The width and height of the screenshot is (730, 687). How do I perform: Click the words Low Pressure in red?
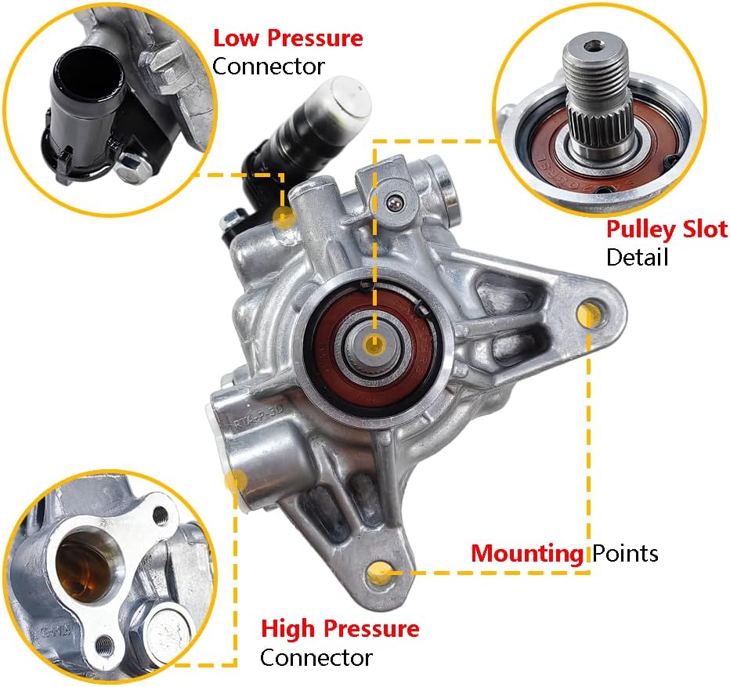[x=288, y=38]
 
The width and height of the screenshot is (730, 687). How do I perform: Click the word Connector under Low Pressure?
[x=268, y=66]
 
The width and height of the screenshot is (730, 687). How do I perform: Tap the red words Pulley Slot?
[x=667, y=230]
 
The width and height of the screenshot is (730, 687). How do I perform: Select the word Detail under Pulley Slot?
[x=637, y=256]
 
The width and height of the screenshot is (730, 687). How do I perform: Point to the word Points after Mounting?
[x=624, y=554]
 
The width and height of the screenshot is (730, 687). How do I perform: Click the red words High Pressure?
[x=340, y=628]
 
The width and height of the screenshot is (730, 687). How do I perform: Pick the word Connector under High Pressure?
[x=316, y=656]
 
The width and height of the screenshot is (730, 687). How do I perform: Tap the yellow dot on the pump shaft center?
[x=375, y=344]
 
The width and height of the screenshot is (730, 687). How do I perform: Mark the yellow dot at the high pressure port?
[x=232, y=481]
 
